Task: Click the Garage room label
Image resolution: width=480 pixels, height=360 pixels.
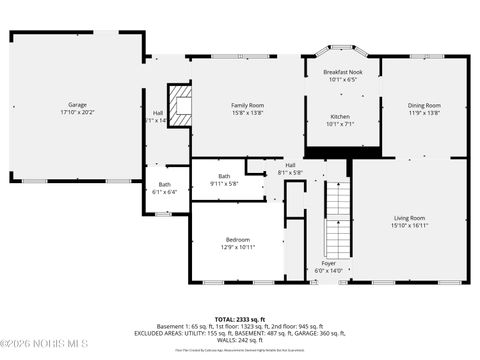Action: pyautogui.click(x=77, y=104)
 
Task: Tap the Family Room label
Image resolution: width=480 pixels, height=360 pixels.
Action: pyautogui.click(x=247, y=105)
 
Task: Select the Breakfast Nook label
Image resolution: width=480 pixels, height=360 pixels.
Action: pyautogui.click(x=342, y=73)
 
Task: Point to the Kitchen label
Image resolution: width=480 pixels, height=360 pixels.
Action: pyautogui.click(x=341, y=117)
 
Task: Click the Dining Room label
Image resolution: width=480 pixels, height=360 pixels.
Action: pyautogui.click(x=424, y=105)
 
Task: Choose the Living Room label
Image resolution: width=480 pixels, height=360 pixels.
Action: pyautogui.click(x=408, y=218)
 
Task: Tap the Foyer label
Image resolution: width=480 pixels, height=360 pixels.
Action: pyautogui.click(x=328, y=263)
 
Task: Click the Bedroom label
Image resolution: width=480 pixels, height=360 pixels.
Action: pyautogui.click(x=237, y=240)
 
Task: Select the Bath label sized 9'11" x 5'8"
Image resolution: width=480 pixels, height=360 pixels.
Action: pyautogui.click(x=224, y=176)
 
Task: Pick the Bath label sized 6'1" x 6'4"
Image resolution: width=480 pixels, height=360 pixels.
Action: pyautogui.click(x=164, y=184)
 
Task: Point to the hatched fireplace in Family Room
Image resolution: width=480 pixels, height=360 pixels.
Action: pyautogui.click(x=180, y=105)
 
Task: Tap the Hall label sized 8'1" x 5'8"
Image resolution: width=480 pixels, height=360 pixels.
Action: pyautogui.click(x=290, y=165)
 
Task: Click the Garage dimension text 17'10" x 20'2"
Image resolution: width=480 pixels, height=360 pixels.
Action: pyautogui.click(x=77, y=111)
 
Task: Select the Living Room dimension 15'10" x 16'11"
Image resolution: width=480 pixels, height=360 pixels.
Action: pyautogui.click(x=408, y=225)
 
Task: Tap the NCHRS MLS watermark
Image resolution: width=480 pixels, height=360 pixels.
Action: pyautogui.click(x=40, y=348)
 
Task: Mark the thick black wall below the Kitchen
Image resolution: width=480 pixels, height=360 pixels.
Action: pyautogui.click(x=342, y=152)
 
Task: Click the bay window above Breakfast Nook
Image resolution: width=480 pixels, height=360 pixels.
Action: pyautogui.click(x=342, y=49)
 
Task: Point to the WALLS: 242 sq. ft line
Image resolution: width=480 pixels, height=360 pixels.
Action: pyautogui.click(x=239, y=340)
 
